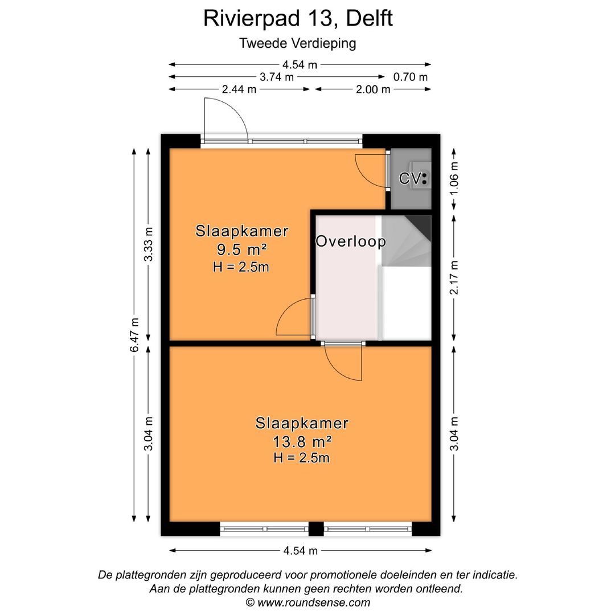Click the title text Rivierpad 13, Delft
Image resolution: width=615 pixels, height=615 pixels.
pyautogui.click(x=298, y=18)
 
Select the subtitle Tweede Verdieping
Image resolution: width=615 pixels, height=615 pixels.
pyautogui.click(x=298, y=43)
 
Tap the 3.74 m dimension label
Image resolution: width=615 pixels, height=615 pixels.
pyautogui.click(x=277, y=77)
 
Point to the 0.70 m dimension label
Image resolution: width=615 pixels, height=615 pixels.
pyautogui.click(x=411, y=77)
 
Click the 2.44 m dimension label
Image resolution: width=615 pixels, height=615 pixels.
pyautogui.click(x=239, y=89)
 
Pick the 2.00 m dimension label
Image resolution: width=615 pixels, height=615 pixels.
pyautogui.click(x=373, y=89)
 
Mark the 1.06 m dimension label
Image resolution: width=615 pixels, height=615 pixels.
pyautogui.click(x=454, y=178)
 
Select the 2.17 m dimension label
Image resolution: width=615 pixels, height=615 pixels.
pyautogui.click(x=454, y=277)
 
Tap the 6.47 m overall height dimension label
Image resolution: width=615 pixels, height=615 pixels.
pyautogui.click(x=134, y=335)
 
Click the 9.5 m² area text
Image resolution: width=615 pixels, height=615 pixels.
pyautogui.click(x=241, y=249)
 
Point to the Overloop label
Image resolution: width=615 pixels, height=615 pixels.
pyautogui.click(x=351, y=241)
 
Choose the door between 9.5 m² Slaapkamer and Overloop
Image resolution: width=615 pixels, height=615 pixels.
pyautogui.click(x=293, y=319)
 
